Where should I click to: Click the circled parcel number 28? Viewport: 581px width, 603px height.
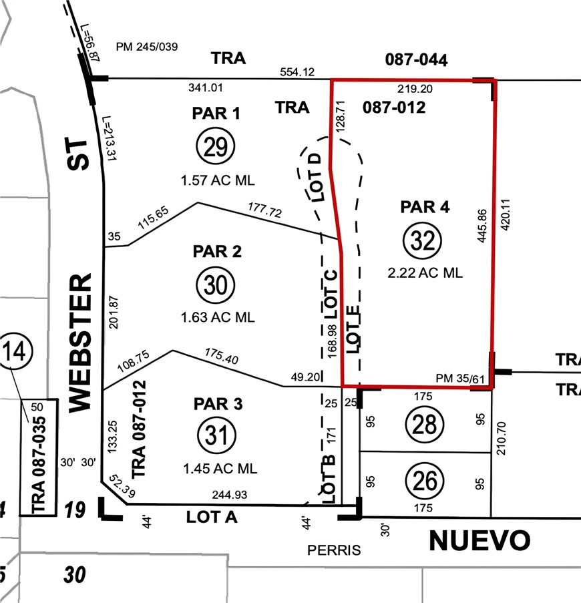426,423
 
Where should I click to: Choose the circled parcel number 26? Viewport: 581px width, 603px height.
426,480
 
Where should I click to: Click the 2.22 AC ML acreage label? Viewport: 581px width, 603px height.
424,272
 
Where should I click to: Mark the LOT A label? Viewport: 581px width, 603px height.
213,516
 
